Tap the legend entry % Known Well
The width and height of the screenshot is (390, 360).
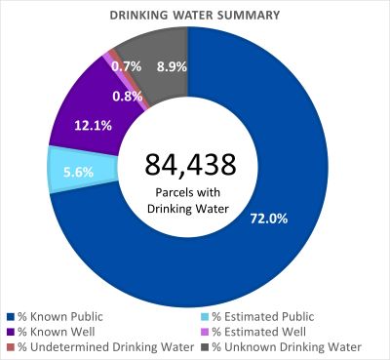[x=55, y=331]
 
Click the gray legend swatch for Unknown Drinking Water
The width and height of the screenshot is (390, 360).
[x=205, y=346]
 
